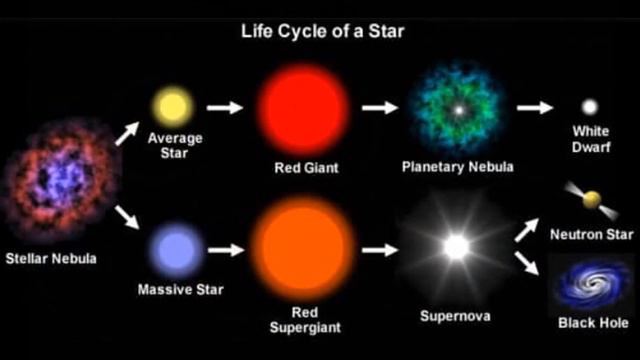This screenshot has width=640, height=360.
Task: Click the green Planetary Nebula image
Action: pos(457,108)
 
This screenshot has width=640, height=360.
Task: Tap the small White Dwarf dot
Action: pos(590,106)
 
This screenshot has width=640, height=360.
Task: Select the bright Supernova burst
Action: pos(456,247)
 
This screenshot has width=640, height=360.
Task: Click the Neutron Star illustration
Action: pos(590,201)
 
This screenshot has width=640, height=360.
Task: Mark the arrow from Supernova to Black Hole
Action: pos(529,265)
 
